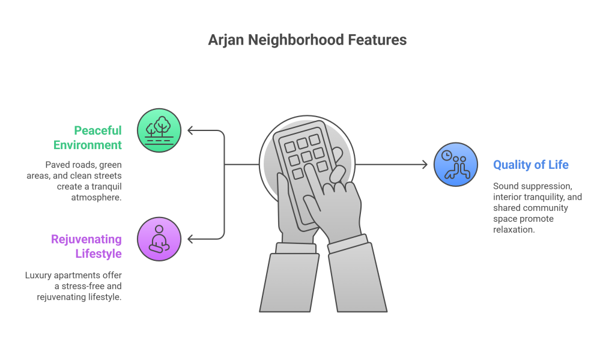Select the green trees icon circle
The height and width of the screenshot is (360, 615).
(x=159, y=130)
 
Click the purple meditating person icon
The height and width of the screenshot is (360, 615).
(x=159, y=239)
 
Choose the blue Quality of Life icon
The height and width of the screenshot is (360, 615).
(x=456, y=165)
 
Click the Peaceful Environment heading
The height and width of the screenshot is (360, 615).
(x=88, y=138)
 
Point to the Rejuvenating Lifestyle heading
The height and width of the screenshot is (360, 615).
(x=86, y=246)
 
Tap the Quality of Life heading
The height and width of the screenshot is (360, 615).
(x=531, y=165)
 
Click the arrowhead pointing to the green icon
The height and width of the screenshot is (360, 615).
(x=190, y=130)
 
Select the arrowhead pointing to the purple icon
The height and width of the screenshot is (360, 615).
(x=190, y=239)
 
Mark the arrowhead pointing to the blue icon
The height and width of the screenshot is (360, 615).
(x=425, y=165)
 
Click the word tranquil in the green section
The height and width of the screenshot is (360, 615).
(x=106, y=186)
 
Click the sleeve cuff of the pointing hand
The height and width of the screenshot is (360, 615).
(x=348, y=243)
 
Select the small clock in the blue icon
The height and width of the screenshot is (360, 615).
(x=447, y=156)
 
